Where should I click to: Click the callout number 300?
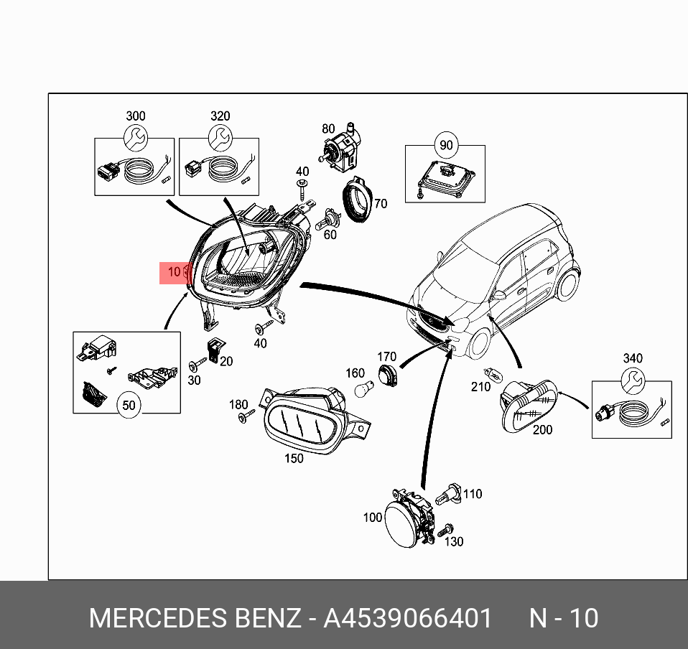pos(135,116)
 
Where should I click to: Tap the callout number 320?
pos(220,116)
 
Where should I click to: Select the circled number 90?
pos(446,146)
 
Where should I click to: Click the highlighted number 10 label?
pos(174,272)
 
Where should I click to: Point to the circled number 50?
pos(128,405)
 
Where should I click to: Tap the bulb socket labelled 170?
pos(388,375)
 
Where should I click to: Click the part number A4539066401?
pos(408,618)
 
